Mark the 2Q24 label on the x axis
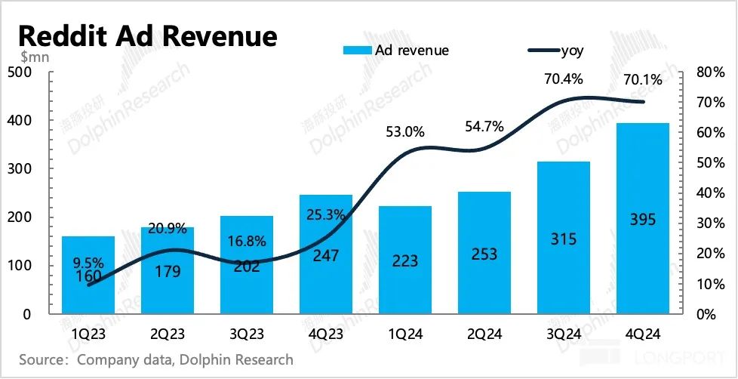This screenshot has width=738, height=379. point(484,333)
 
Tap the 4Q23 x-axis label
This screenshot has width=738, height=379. point(326,333)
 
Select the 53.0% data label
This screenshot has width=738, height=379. point(404,133)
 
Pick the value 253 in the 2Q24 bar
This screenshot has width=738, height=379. point(484,254)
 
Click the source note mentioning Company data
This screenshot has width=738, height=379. point(155,359)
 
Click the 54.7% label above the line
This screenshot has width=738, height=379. point(484,127)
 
